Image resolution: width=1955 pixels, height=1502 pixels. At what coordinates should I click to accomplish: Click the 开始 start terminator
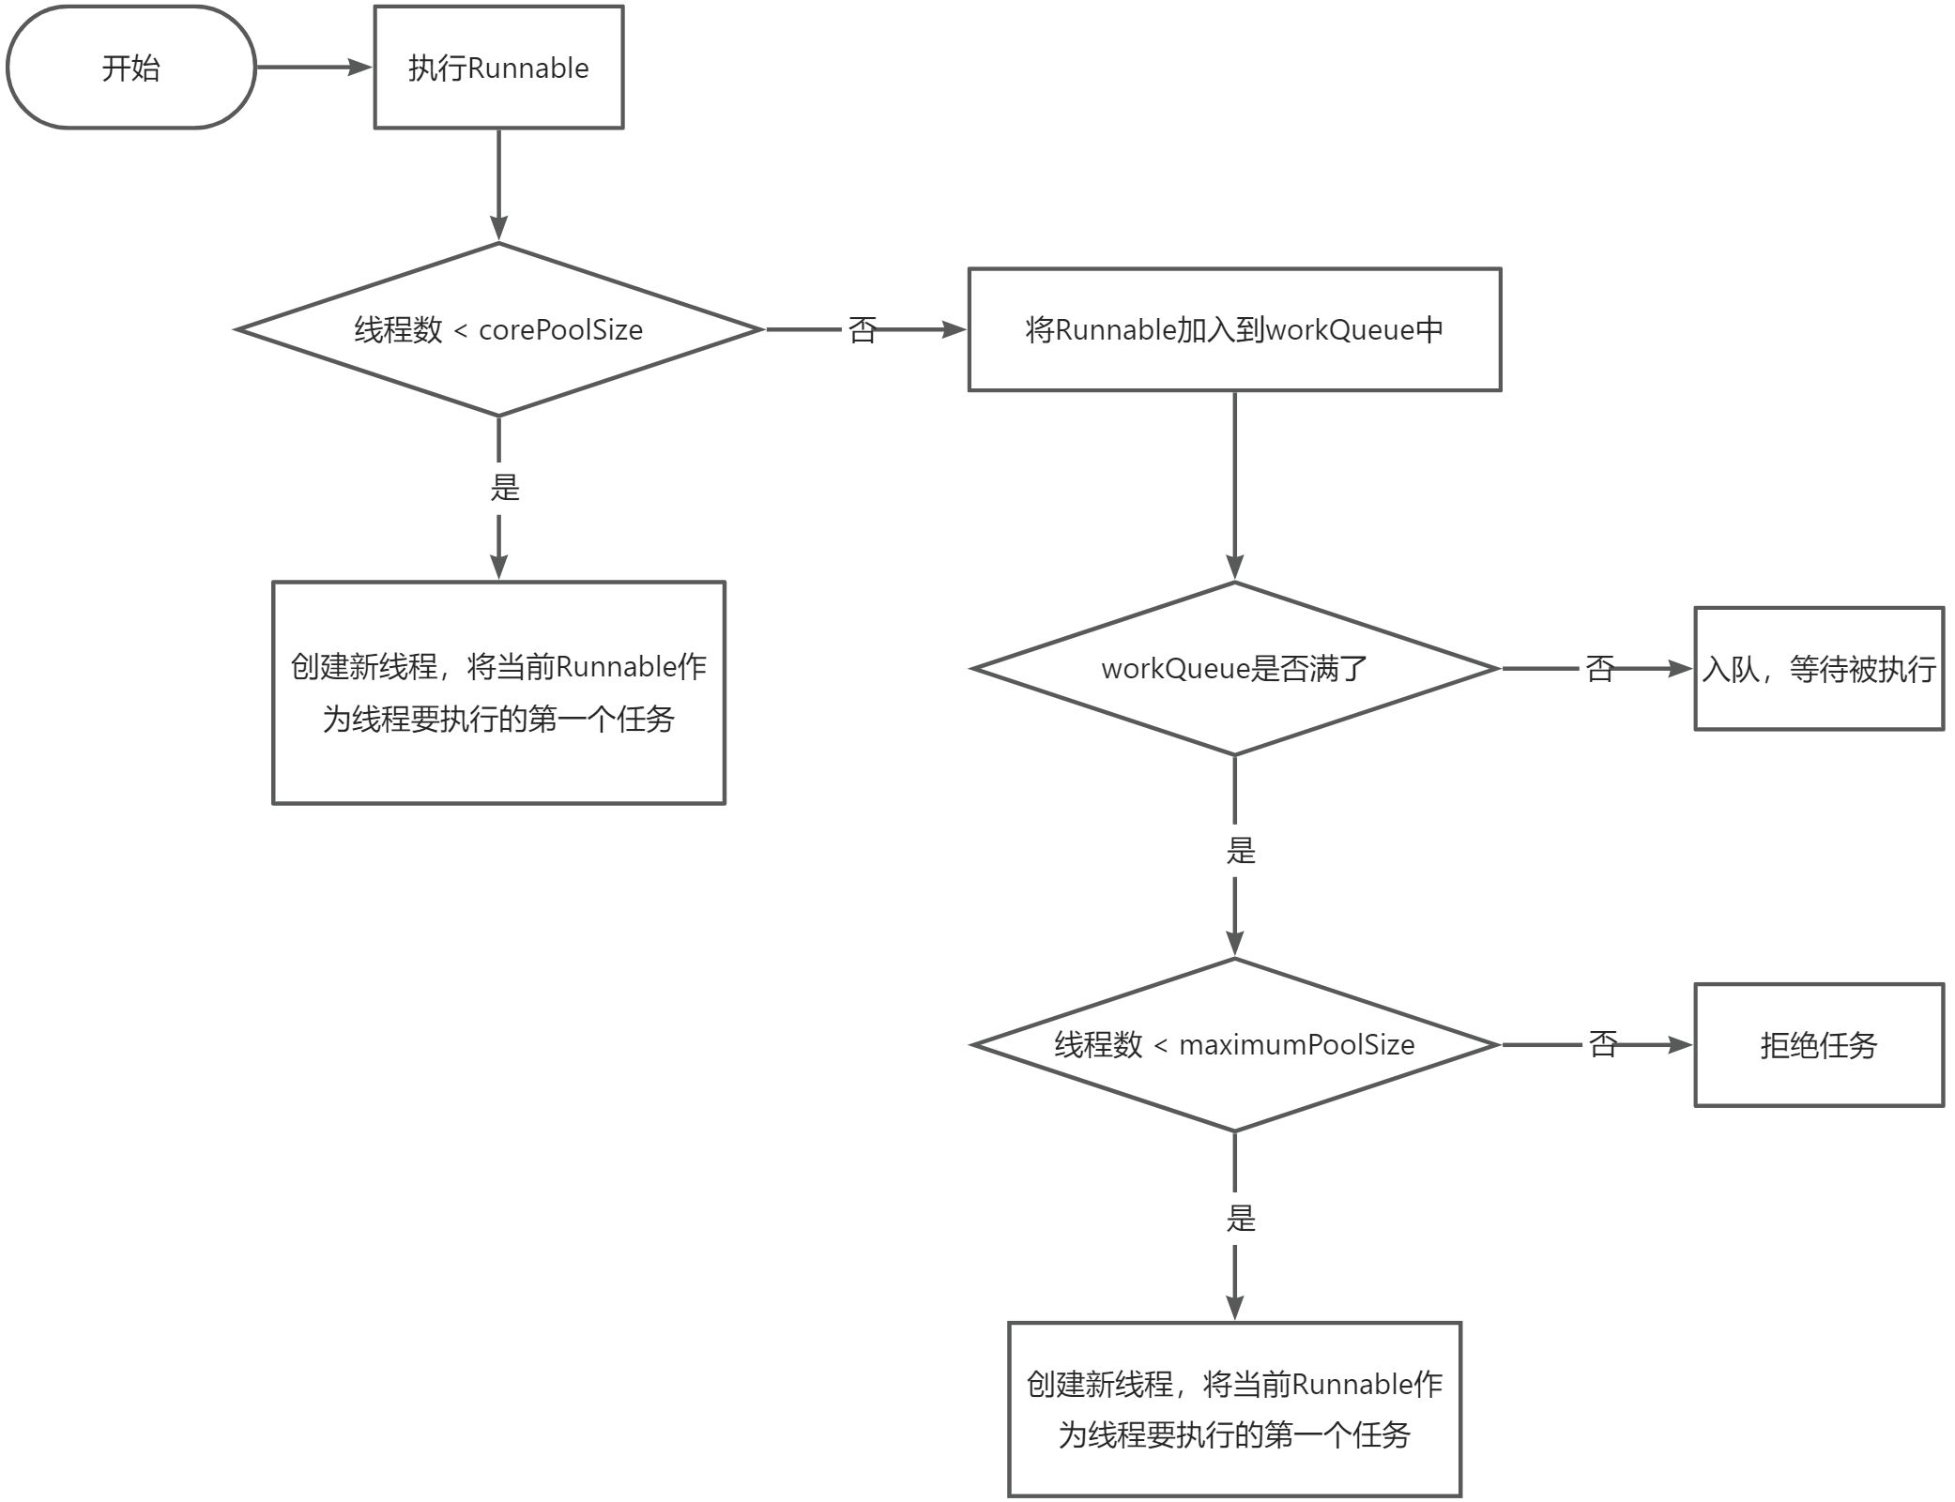click(131, 68)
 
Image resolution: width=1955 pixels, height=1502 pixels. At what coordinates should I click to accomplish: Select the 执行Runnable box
click(498, 68)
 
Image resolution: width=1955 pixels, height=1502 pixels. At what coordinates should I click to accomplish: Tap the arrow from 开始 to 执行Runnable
click(314, 68)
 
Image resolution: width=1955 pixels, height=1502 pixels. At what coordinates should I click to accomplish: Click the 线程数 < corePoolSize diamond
click(498, 329)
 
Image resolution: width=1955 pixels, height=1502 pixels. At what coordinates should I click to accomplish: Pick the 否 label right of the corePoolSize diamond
click(862, 329)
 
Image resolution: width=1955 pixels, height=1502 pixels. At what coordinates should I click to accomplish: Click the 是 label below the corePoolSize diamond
click(504, 487)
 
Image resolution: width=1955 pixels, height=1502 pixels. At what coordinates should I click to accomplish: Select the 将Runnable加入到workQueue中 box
click(1234, 329)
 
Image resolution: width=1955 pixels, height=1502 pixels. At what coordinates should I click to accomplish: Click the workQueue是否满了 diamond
click(1234, 668)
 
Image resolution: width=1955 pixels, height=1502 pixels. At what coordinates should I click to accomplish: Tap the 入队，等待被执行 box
click(1818, 668)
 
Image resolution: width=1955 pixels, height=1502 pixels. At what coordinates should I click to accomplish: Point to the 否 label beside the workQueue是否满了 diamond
click(1599, 668)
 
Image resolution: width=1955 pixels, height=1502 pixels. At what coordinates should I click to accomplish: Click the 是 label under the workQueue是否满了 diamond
click(1240, 850)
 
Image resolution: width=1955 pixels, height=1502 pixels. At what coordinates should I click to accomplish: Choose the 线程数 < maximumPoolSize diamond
click(1234, 1044)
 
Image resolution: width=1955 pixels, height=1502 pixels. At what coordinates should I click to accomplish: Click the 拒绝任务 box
click(1818, 1044)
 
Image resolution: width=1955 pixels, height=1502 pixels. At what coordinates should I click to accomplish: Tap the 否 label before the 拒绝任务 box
click(1603, 1044)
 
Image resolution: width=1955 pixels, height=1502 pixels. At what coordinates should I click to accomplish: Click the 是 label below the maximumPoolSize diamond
click(1240, 1218)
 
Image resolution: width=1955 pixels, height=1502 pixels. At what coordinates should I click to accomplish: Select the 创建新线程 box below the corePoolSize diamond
click(498, 692)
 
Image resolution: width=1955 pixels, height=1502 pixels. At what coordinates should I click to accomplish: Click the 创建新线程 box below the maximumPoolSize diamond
click(1234, 1409)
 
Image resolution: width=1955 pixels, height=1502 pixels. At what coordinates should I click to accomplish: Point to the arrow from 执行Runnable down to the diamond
click(498, 185)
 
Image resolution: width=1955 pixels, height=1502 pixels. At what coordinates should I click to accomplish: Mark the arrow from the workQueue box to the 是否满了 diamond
click(1234, 485)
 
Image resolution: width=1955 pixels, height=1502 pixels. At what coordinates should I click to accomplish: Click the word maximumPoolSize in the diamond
click(1296, 1044)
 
